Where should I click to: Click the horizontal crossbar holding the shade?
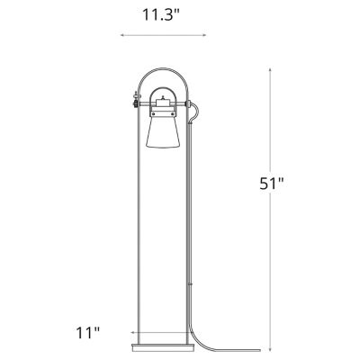click(x=162, y=103)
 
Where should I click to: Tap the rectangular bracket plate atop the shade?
click(x=162, y=112)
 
